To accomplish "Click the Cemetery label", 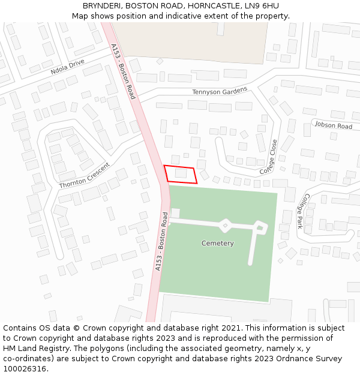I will click(x=217, y=243).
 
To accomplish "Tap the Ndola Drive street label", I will click(x=68, y=66).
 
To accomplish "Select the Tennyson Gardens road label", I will click(x=220, y=91).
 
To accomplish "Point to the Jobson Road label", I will click(x=333, y=126).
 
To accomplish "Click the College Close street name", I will click(x=269, y=157).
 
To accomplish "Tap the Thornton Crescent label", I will click(x=85, y=176).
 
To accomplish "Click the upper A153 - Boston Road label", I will click(x=123, y=71).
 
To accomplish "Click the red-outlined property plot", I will click(x=181, y=173).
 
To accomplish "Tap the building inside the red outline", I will click(x=181, y=173).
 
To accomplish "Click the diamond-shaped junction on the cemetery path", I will click(x=225, y=226).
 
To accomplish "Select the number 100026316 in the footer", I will click(x=25, y=368).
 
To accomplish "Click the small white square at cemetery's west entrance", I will click(x=175, y=213).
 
